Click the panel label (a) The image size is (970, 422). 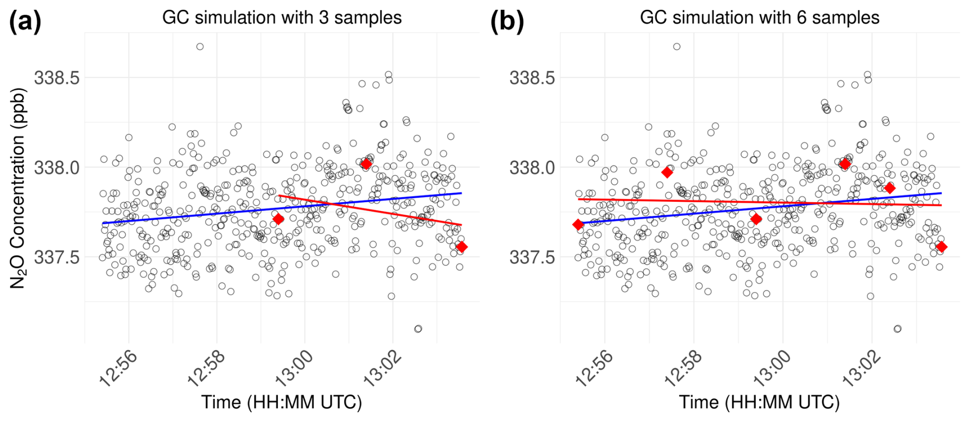click(x=25, y=22)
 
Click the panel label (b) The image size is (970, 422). click(x=507, y=22)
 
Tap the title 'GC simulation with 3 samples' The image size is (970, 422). click(x=282, y=17)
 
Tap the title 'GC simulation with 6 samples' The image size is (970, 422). click(x=759, y=17)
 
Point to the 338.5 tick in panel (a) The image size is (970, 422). click(x=57, y=78)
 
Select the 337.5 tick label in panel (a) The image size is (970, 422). click(x=57, y=257)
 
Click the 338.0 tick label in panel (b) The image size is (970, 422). click(x=532, y=167)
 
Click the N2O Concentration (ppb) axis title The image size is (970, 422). click(x=17, y=188)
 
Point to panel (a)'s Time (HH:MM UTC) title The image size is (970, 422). click(x=281, y=402)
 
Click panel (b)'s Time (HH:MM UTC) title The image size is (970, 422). click(x=759, y=402)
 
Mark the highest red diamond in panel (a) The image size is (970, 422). click(x=366, y=164)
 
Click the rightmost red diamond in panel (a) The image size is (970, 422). click(x=462, y=247)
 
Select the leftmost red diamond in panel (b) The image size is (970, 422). click(x=578, y=224)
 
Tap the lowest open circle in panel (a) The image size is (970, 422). click(x=418, y=329)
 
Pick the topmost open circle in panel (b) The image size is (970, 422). click(x=677, y=47)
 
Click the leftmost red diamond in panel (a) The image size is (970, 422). click(x=278, y=219)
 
